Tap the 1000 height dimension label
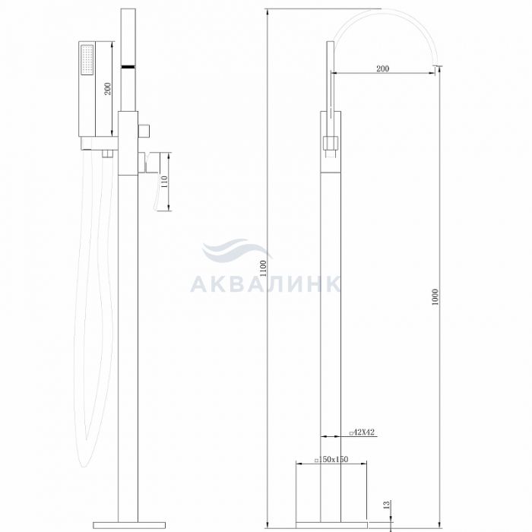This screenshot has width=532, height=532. click(x=435, y=296)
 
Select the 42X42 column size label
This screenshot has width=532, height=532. click(x=362, y=432)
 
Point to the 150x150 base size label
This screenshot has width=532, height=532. click(x=331, y=459)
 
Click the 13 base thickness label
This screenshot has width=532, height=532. click(x=386, y=505)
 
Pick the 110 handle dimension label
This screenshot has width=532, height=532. click(x=164, y=182)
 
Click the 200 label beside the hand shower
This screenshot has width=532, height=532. click(x=108, y=89)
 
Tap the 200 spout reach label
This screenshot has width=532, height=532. click(x=383, y=68)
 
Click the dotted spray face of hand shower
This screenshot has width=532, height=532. click(x=87, y=60)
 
